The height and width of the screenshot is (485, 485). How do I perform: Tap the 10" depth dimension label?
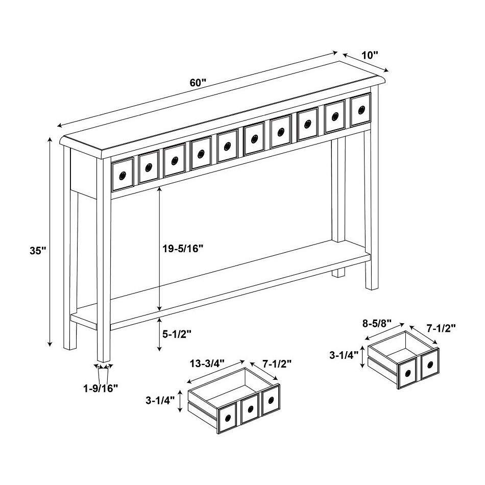(x=370, y=54)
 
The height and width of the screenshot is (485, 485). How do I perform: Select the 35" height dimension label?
(x=38, y=251)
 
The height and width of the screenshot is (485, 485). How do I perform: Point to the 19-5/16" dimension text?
(x=182, y=248)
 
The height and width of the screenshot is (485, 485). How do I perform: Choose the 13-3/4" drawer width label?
(x=207, y=363)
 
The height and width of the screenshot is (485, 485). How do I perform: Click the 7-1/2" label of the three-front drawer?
(x=277, y=363)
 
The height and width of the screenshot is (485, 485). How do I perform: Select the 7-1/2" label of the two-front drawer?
(x=441, y=327)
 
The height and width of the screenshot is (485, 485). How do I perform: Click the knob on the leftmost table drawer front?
(x=123, y=176)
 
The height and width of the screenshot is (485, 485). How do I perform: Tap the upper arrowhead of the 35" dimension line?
(x=50, y=138)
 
